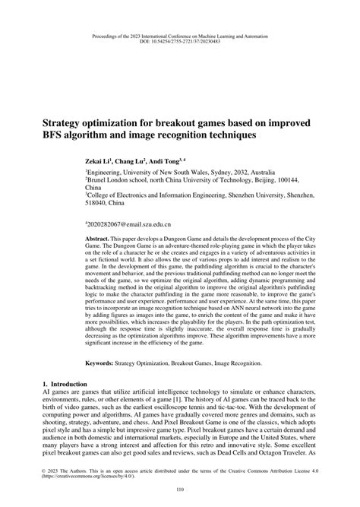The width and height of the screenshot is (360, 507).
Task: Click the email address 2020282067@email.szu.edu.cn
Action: point(129,226)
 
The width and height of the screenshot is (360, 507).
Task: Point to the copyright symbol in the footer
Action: point(43,469)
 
